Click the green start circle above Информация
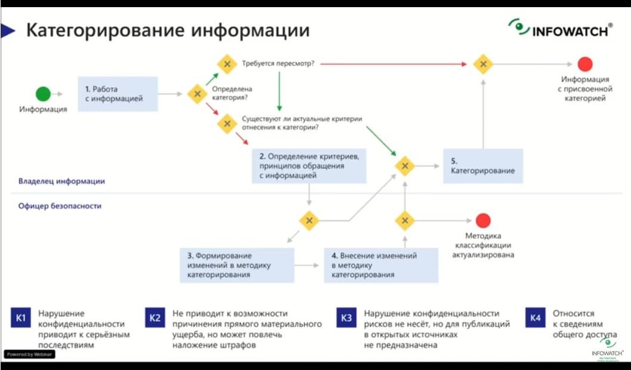(43, 94)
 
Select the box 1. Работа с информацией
(117, 94)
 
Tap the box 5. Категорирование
(483, 166)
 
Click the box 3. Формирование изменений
(237, 265)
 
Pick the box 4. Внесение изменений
(381, 265)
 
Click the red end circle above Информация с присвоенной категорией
(585, 64)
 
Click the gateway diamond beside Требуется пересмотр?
(227, 64)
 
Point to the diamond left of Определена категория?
(197, 94)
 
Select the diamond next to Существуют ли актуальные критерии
(227, 124)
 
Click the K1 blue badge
(20, 318)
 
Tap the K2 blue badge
(154, 318)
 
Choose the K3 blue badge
(347, 318)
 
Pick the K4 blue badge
(535, 318)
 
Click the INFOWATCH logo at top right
(560, 29)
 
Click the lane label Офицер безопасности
(60, 206)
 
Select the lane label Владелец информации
(62, 181)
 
